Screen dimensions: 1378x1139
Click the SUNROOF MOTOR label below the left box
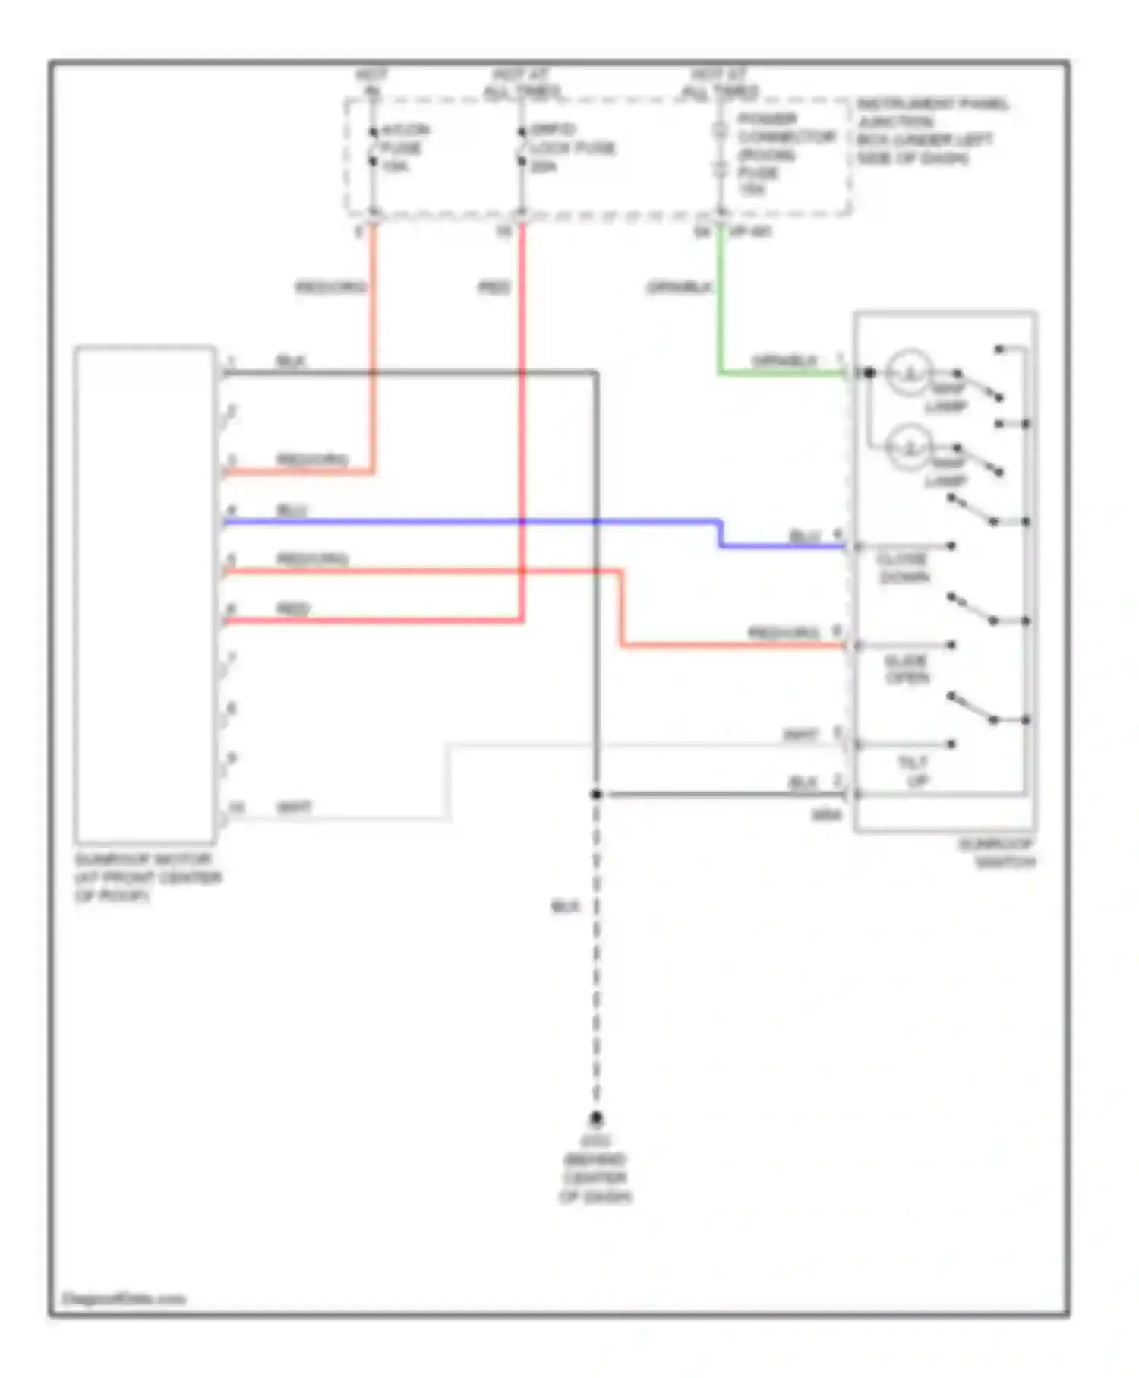coord(147,877)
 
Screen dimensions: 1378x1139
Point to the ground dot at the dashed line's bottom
coord(596,1118)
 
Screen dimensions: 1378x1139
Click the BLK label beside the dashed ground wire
coord(565,906)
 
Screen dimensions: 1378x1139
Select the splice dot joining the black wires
coord(596,795)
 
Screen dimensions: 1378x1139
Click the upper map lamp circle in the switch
coord(909,372)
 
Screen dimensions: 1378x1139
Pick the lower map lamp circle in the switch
coord(909,448)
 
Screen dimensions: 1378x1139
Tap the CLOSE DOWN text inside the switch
coord(902,568)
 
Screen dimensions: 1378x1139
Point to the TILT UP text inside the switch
coord(913,770)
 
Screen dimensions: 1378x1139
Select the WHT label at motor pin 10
coord(295,808)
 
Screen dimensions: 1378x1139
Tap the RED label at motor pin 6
coord(293,608)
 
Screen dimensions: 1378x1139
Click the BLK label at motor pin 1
coord(291,361)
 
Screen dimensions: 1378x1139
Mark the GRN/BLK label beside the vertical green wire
coord(680,287)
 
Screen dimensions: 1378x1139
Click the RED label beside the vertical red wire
coord(494,287)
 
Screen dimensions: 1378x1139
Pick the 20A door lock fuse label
coord(571,147)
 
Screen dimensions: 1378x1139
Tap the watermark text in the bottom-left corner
coord(123,1298)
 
